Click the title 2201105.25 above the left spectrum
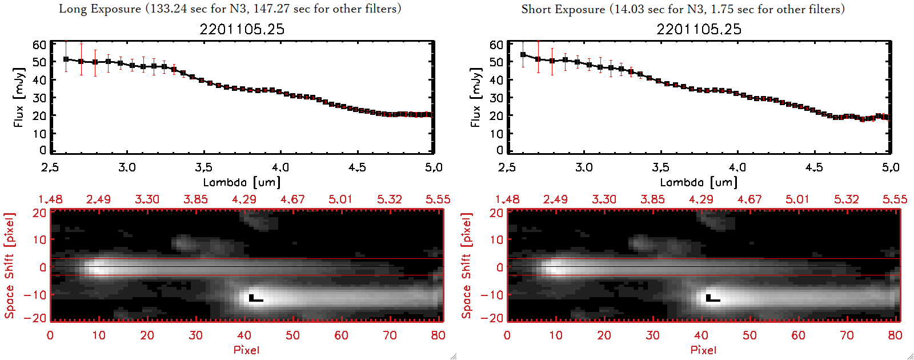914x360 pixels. click(242, 29)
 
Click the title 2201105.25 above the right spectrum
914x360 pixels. click(699, 29)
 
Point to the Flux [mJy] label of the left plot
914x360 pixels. click(19, 97)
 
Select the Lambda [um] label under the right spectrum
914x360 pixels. click(699, 182)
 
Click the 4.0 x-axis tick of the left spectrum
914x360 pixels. click(280, 167)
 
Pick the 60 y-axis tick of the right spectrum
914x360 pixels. click(496, 45)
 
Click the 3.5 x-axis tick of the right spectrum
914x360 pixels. click(660, 167)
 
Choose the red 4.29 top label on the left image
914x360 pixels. click(244, 199)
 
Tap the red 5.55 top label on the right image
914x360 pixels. click(895, 199)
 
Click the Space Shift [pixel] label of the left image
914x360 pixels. click(10, 265)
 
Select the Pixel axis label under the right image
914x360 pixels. click(703, 350)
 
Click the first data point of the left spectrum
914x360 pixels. click(66, 59)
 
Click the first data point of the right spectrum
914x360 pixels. click(523, 55)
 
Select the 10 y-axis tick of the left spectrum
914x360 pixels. click(39, 133)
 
